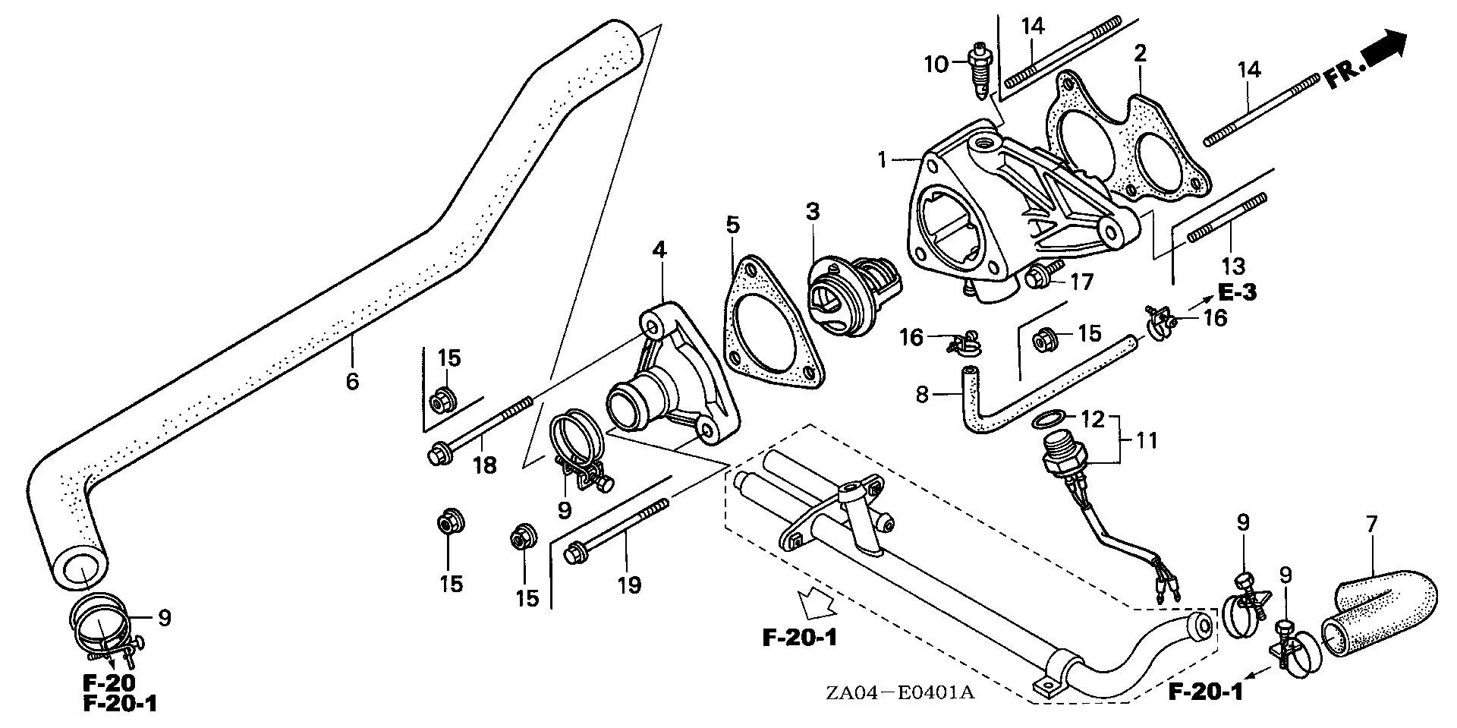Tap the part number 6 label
[x=351, y=380]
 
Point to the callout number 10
[x=936, y=64]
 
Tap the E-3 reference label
[x=1237, y=292]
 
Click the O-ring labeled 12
[x=1048, y=418]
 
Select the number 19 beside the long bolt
[x=629, y=585]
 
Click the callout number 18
[x=484, y=465]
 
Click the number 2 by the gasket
[x=1140, y=54]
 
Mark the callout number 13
[x=1233, y=266]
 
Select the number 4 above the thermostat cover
[x=659, y=249]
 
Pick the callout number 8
[x=922, y=395]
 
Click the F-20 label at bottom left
[x=110, y=682]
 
